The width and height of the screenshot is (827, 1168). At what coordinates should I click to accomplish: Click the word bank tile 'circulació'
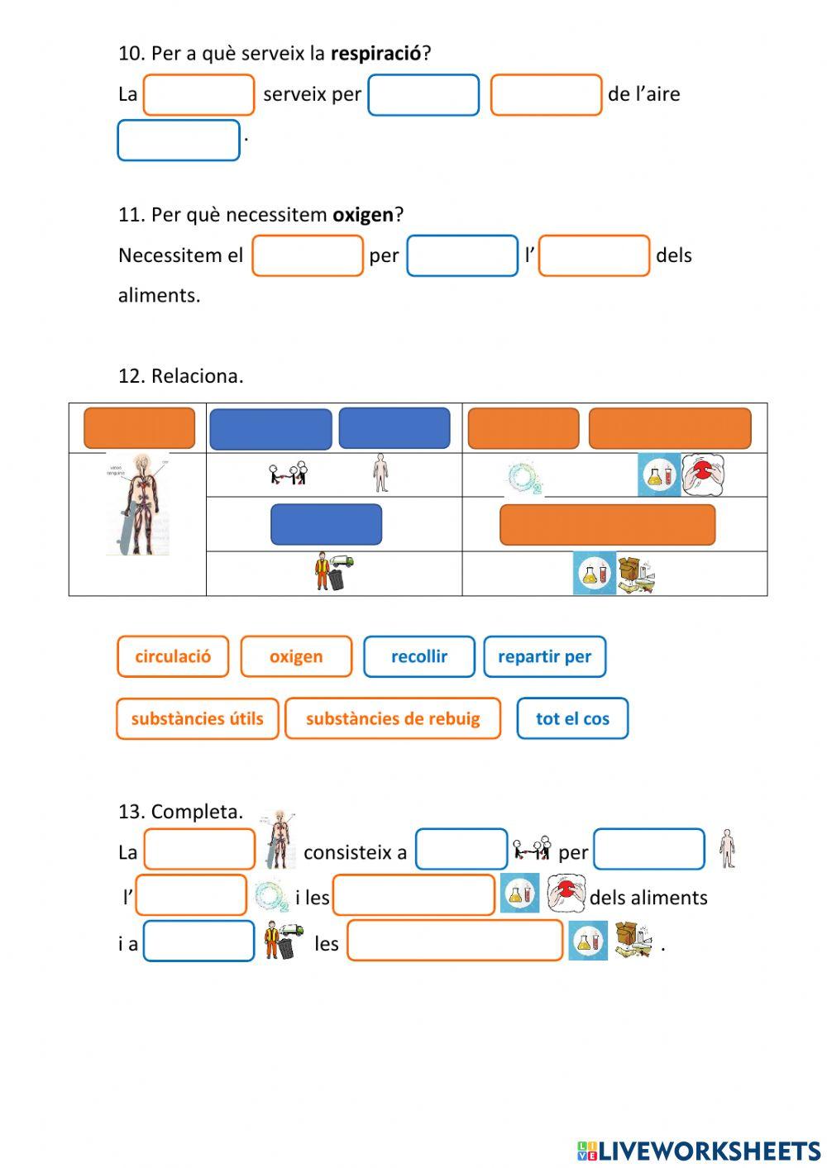tap(173, 656)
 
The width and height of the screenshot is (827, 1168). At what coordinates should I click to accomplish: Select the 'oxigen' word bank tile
tap(296, 656)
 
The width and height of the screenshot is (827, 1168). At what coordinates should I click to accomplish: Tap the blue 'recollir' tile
tap(419, 656)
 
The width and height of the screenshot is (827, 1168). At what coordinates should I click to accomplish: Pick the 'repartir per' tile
tap(544, 656)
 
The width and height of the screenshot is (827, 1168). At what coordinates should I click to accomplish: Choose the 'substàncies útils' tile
tap(197, 718)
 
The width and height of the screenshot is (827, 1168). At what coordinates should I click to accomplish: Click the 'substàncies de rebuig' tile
tap(393, 718)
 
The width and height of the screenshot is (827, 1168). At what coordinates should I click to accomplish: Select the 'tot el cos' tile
tap(572, 718)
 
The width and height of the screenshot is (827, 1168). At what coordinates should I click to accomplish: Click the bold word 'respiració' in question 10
tap(375, 54)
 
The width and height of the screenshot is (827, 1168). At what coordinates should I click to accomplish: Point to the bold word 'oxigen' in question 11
tap(363, 215)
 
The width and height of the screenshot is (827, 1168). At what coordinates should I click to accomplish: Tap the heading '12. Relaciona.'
tap(180, 376)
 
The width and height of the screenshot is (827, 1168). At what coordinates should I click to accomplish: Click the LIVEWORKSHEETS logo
tap(699, 1151)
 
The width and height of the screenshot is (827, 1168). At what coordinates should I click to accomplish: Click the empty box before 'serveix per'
tap(198, 95)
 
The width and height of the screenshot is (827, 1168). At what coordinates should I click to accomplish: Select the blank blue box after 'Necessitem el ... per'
tap(462, 255)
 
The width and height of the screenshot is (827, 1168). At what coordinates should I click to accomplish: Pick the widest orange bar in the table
tap(607, 525)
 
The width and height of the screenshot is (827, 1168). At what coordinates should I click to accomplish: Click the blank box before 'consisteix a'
tap(199, 849)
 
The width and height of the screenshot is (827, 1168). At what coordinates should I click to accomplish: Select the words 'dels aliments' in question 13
tap(648, 898)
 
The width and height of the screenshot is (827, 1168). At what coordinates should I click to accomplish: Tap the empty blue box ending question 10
tap(179, 141)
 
